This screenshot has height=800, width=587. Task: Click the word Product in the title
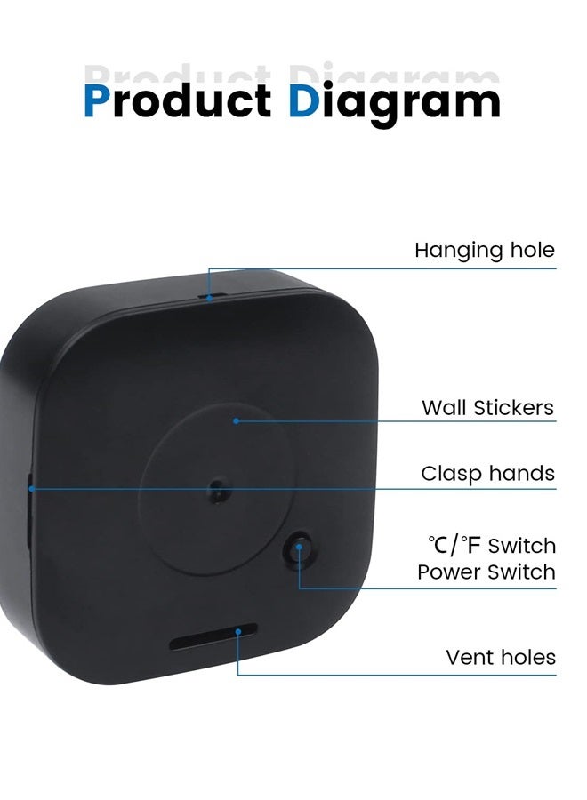pyautogui.click(x=178, y=100)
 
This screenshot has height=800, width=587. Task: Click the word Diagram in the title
pyautogui.click(x=394, y=104)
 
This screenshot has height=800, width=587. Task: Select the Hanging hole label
pyautogui.click(x=485, y=251)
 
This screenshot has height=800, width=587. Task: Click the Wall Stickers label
pyautogui.click(x=487, y=408)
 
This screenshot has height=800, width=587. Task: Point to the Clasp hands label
pyautogui.click(x=487, y=474)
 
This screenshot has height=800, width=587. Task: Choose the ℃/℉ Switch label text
pyautogui.click(x=492, y=546)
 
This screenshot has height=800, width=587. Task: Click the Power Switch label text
pyautogui.click(x=486, y=572)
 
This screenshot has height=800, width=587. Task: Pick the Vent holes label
pyautogui.click(x=501, y=657)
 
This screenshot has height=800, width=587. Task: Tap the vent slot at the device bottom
pyautogui.click(x=213, y=636)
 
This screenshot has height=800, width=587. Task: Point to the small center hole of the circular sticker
pyautogui.click(x=218, y=489)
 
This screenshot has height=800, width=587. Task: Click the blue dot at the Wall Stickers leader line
pyautogui.click(x=236, y=421)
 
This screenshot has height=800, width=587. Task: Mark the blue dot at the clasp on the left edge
pyautogui.click(x=32, y=489)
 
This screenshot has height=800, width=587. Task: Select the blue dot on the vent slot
pyautogui.click(x=238, y=632)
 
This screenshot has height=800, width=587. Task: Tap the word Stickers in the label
pyautogui.click(x=513, y=408)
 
